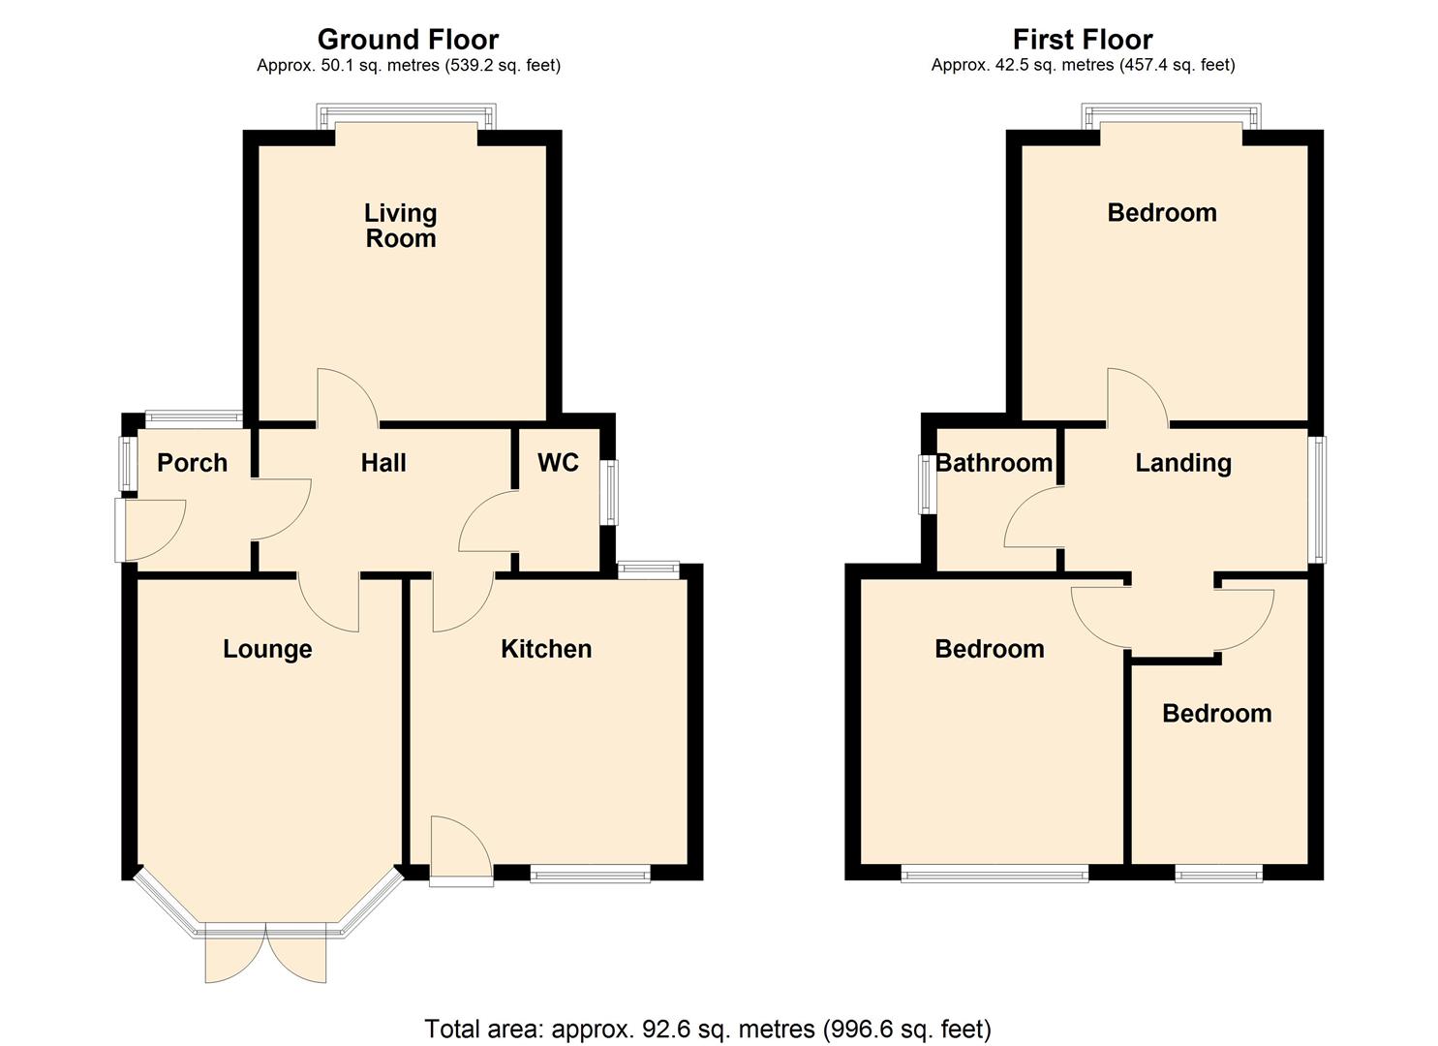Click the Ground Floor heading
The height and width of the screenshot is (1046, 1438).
[408, 40]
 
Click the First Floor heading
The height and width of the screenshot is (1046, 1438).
[1082, 40]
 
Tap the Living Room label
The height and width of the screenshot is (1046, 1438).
[400, 226]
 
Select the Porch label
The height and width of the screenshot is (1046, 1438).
[192, 463]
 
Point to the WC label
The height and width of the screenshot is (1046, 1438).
[558, 463]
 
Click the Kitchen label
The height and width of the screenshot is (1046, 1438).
[546, 649]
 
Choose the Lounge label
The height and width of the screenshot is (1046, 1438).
[267, 649]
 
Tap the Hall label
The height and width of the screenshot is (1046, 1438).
[383, 463]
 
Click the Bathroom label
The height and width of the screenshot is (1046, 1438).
[994, 463]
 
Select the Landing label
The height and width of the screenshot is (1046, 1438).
[1182, 463]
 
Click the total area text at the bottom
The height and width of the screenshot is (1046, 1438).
[708, 1029]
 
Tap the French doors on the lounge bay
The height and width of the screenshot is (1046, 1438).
[265, 954]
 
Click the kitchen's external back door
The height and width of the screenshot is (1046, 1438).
[461, 852]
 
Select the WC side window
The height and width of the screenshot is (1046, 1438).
[609, 492]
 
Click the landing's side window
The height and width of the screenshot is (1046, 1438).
[1317, 499]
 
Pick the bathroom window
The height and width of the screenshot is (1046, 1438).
[928, 482]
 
